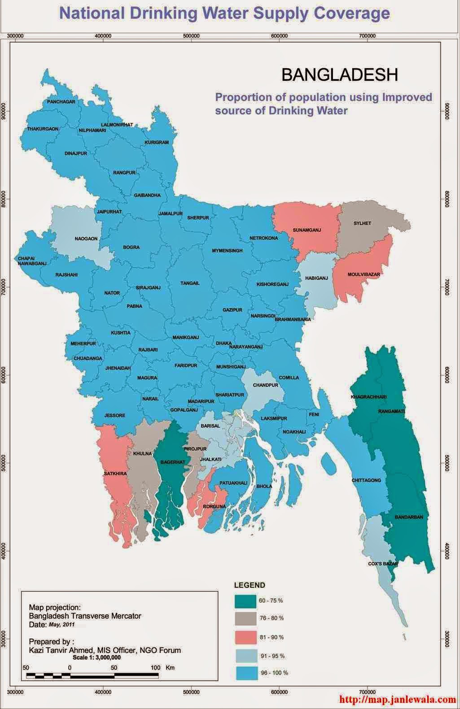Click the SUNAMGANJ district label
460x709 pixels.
pyautogui.click(x=307, y=230)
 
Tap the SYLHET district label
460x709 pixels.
pyautogui.click(x=362, y=223)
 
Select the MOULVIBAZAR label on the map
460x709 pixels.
pyautogui.click(x=364, y=274)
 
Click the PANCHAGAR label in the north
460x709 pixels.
pyautogui.click(x=61, y=102)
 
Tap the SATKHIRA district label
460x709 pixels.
pyautogui.click(x=115, y=474)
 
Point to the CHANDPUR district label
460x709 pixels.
pyautogui.click(x=266, y=385)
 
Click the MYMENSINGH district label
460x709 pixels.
pyautogui.click(x=227, y=250)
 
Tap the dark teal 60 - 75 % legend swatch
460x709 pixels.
pyautogui.click(x=245, y=600)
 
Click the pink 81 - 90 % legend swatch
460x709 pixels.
pyautogui.click(x=245, y=637)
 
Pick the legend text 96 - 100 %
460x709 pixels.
pyautogui.click(x=274, y=673)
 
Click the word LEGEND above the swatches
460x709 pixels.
pyautogui.click(x=250, y=585)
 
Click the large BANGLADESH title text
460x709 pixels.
pyautogui.click(x=339, y=75)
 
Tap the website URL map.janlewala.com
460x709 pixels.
pyautogui.click(x=398, y=699)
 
